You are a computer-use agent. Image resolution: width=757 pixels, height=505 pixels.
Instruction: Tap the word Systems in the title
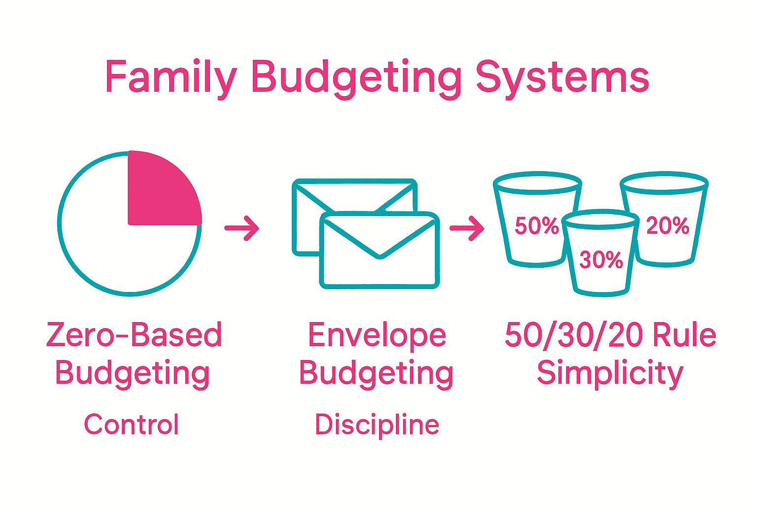pos(562,77)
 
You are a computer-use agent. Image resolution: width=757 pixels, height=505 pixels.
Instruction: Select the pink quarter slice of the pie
pos(160,190)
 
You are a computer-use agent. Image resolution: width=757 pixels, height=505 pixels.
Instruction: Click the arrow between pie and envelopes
pos(241,228)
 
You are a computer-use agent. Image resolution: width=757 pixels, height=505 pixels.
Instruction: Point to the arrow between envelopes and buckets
pos(467,228)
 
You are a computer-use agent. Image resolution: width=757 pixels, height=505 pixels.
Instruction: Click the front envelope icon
pos(379,252)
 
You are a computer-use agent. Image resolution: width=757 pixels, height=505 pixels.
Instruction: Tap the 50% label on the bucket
pos(536,226)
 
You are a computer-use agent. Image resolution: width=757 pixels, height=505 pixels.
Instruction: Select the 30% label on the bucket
pos(601,260)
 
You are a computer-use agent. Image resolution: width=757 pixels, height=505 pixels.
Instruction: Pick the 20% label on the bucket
pos(667,226)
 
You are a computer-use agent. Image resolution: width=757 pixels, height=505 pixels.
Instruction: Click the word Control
pos(131,424)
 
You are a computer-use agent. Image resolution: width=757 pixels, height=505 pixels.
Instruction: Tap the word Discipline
pos(377,424)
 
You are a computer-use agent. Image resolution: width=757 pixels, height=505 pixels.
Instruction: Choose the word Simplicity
pos(610,373)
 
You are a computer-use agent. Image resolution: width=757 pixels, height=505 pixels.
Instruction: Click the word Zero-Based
pos(134,335)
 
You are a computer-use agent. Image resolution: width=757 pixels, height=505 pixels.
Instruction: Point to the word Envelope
pos(377,335)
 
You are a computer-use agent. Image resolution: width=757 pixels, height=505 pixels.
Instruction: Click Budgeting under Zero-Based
pos(132,373)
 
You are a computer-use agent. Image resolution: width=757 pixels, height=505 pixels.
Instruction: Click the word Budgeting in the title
pos(356,78)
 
